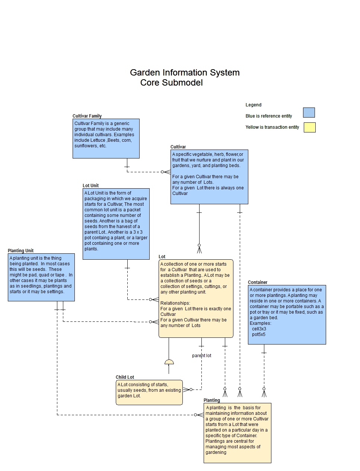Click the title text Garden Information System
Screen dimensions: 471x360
click(185, 73)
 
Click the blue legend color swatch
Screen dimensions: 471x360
click(309, 113)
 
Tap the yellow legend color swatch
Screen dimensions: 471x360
click(309, 128)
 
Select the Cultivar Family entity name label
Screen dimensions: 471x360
click(87, 116)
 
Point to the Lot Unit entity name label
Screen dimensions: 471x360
click(90, 186)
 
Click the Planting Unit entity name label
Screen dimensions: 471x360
click(21, 251)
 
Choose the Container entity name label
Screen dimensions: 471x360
click(258, 282)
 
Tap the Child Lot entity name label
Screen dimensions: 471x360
click(125, 377)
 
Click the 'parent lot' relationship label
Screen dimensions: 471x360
click(201, 356)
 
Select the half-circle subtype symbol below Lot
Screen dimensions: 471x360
click(169, 362)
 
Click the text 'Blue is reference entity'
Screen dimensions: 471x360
click(269, 116)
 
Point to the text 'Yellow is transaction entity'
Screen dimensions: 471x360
click(272, 127)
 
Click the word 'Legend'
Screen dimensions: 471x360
click(254, 105)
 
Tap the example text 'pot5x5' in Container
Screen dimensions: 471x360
click(258, 334)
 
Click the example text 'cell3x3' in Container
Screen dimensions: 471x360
click(259, 329)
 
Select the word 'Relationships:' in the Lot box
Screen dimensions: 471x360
click(175, 303)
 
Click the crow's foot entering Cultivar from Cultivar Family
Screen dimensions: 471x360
click(166, 172)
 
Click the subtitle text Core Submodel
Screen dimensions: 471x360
click(171, 83)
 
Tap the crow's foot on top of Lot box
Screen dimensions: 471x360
click(199, 249)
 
